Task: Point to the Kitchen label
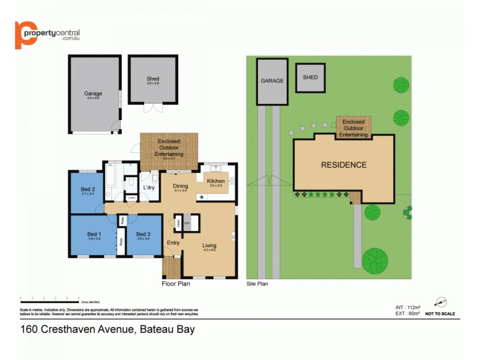pyautogui.click(x=215, y=181)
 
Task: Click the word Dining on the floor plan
pyautogui.click(x=181, y=185)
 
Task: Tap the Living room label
pyautogui.click(x=209, y=245)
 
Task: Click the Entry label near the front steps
pyautogui.click(x=173, y=242)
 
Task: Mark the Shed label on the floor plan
pyautogui.click(x=153, y=79)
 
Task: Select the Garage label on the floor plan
pyautogui.click(x=93, y=94)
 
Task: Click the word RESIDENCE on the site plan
pyautogui.click(x=343, y=165)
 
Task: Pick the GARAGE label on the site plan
pyautogui.click(x=272, y=80)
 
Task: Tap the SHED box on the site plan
pyautogui.click(x=310, y=78)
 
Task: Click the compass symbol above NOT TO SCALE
pyautogui.click(x=441, y=302)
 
